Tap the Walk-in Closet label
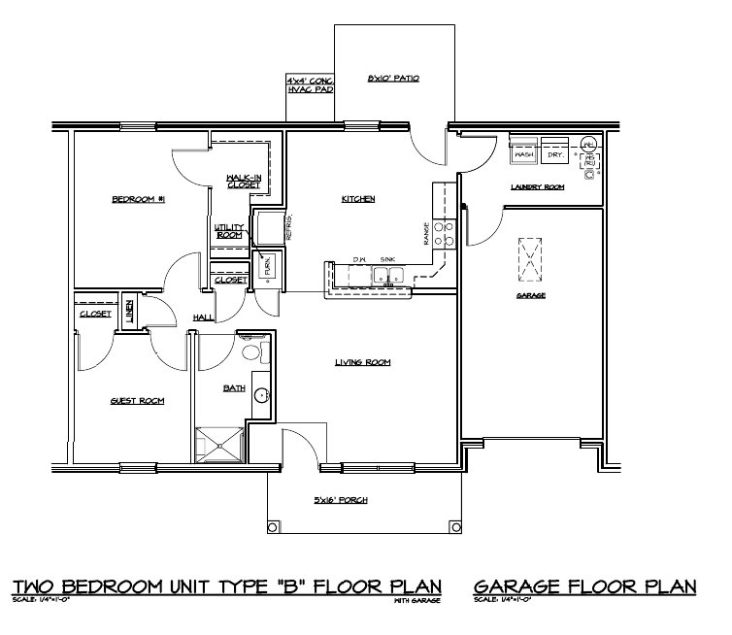(242, 181)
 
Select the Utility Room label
(229, 230)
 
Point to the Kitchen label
(357, 199)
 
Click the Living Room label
(362, 362)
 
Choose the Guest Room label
(137, 400)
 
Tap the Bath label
(234, 387)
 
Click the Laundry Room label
(537, 186)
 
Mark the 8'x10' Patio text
(393, 78)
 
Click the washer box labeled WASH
(524, 153)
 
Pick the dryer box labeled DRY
(555, 153)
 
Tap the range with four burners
(444, 234)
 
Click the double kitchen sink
(387, 278)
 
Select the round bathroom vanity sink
(260, 396)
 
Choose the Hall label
(203, 317)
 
